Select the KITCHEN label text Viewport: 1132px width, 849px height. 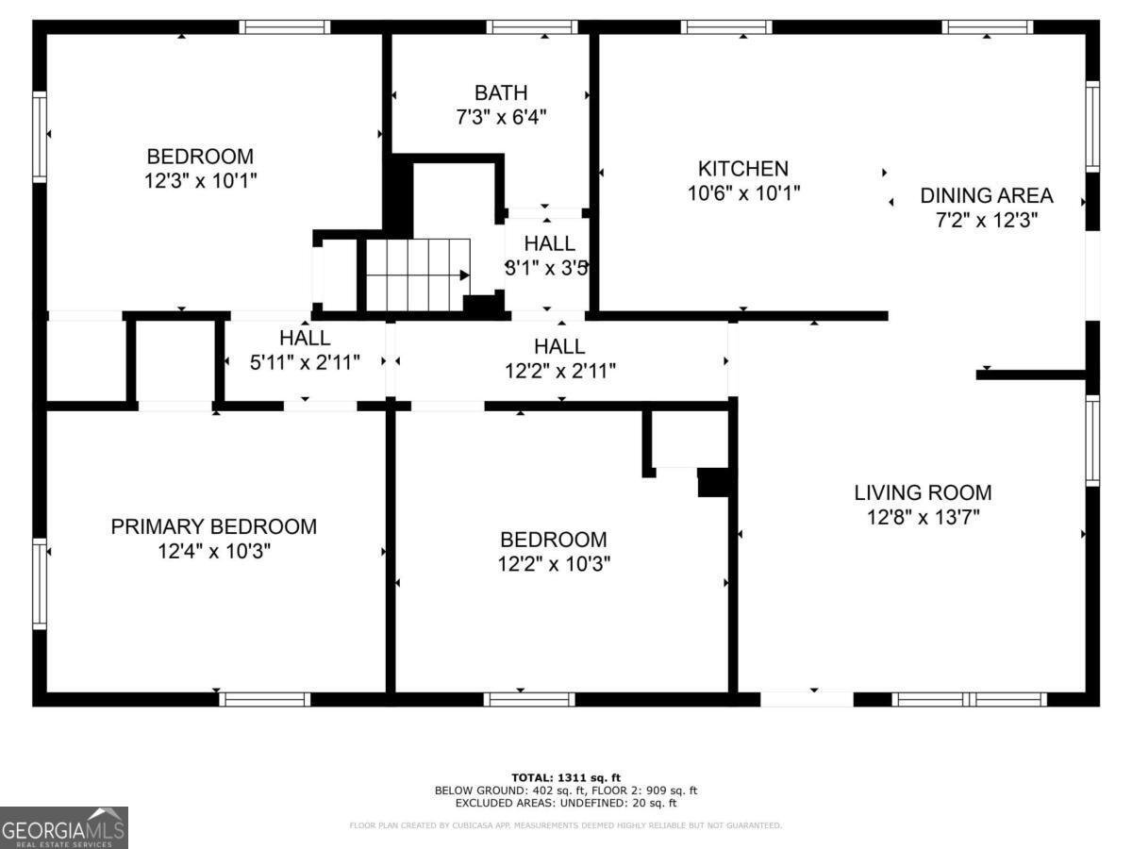coord(742,169)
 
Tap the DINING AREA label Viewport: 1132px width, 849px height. coord(987,195)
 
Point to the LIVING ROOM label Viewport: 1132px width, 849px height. coord(923,491)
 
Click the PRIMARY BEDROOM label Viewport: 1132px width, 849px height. coord(214,526)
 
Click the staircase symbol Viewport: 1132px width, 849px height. coord(418,275)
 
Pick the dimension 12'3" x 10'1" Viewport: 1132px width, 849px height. coord(201,181)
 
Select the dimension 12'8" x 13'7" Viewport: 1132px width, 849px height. coord(923,517)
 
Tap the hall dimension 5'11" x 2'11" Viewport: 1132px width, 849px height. coord(305,362)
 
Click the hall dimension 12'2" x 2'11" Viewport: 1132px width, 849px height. coord(560,371)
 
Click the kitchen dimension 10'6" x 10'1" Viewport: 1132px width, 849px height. coord(742,193)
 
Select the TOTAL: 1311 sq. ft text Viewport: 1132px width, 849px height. coord(566,777)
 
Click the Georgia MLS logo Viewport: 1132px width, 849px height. coord(64,827)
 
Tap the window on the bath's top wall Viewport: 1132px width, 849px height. coord(531,26)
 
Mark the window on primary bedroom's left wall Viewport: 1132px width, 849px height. coord(40,582)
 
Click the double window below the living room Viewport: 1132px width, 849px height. coord(970,699)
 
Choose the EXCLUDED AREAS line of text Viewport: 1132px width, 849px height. coord(566,804)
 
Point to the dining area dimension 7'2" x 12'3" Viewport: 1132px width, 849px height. coord(987,220)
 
